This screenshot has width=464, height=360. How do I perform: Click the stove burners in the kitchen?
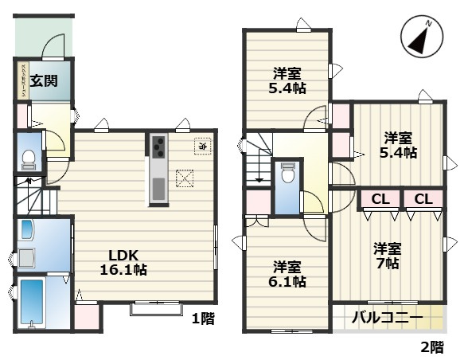point(158,147)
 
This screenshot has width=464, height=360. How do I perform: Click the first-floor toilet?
point(27,159)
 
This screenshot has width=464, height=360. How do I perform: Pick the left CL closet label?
point(379,198)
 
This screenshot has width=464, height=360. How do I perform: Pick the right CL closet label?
point(422,198)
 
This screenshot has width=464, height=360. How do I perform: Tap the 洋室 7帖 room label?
point(388,255)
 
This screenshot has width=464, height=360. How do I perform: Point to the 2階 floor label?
point(432,347)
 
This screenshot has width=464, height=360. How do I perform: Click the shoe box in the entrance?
point(24,80)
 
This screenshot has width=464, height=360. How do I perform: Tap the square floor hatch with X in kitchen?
point(185,178)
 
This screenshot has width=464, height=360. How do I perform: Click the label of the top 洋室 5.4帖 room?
point(287,80)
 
